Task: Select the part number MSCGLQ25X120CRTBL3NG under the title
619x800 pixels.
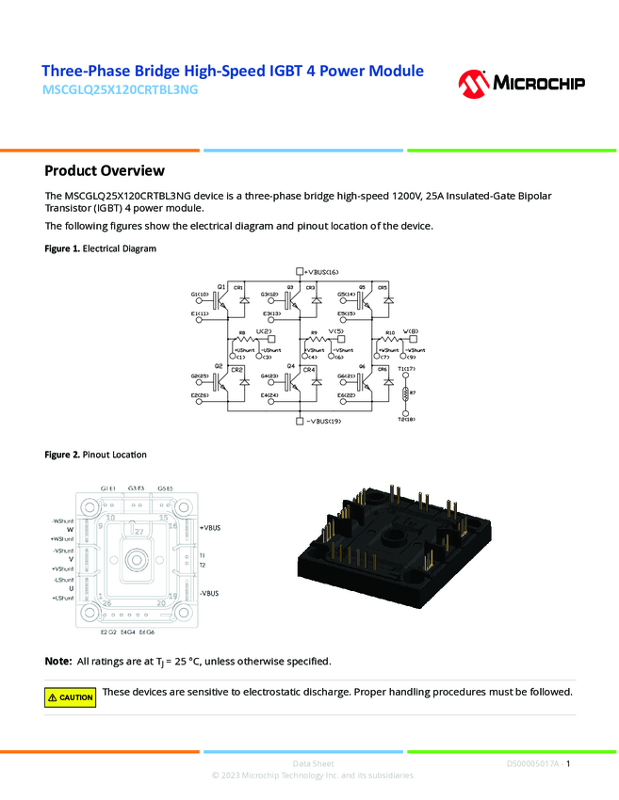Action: [x=122, y=91]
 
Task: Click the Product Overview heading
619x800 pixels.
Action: [x=105, y=170]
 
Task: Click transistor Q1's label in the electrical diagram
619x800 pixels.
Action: [x=220, y=285]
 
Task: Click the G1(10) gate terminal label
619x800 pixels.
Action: [x=200, y=295]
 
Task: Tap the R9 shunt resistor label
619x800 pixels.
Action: [x=313, y=332]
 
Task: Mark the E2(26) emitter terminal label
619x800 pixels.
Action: [x=200, y=395]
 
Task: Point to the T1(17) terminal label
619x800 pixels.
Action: [x=408, y=369]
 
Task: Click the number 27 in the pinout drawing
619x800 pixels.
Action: [x=138, y=533]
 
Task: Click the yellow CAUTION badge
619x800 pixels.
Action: [x=71, y=697]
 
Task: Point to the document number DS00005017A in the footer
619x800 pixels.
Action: [x=532, y=763]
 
